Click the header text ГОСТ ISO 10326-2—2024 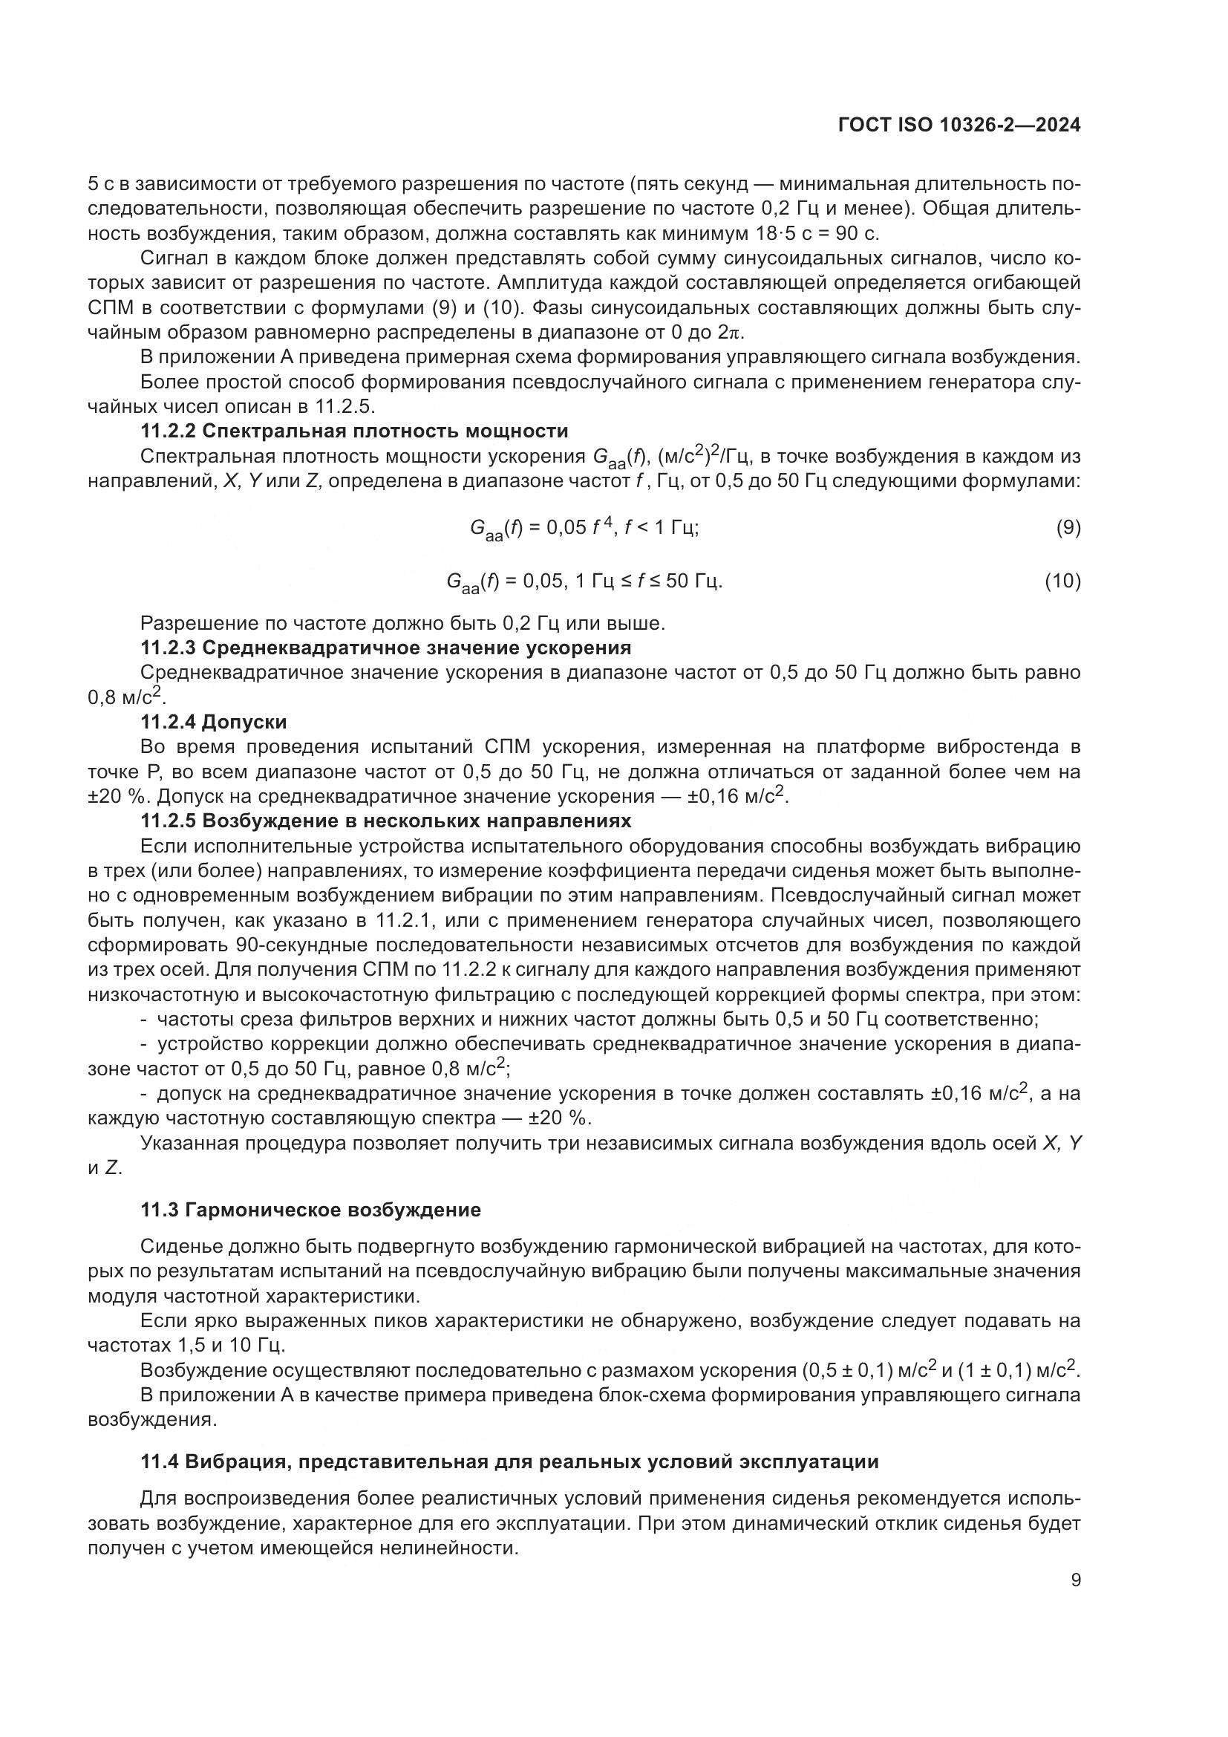tap(958, 126)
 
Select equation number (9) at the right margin tap(1068, 527)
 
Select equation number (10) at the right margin tap(1062, 581)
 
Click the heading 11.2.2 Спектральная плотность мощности tap(354, 431)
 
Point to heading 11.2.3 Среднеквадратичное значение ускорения tap(385, 648)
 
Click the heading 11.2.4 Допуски tap(213, 722)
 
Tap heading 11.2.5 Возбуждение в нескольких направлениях tap(385, 821)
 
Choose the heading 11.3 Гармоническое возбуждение tap(311, 1210)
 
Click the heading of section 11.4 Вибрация tap(509, 1461)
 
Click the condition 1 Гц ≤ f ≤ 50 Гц tap(649, 581)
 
